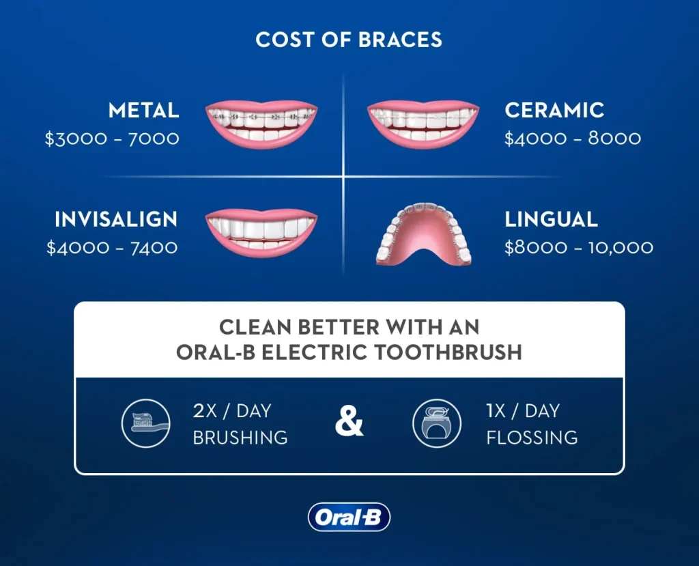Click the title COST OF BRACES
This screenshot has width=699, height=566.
point(349,40)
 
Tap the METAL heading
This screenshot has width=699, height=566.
point(144,110)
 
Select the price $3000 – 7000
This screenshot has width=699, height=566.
point(112,139)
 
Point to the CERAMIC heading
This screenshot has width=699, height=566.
point(554,110)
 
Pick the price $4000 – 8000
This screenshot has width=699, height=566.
point(573,139)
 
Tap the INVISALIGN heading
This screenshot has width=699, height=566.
point(116,219)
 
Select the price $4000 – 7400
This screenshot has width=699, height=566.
point(112,247)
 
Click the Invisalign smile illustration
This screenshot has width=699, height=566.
point(262,233)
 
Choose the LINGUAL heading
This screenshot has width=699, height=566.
point(551,219)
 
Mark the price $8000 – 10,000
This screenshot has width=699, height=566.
point(579,247)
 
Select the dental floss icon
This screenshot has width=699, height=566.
point(433,423)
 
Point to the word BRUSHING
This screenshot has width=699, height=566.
point(240,437)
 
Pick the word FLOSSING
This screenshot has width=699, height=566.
point(532,437)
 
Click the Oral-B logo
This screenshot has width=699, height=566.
point(349,518)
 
